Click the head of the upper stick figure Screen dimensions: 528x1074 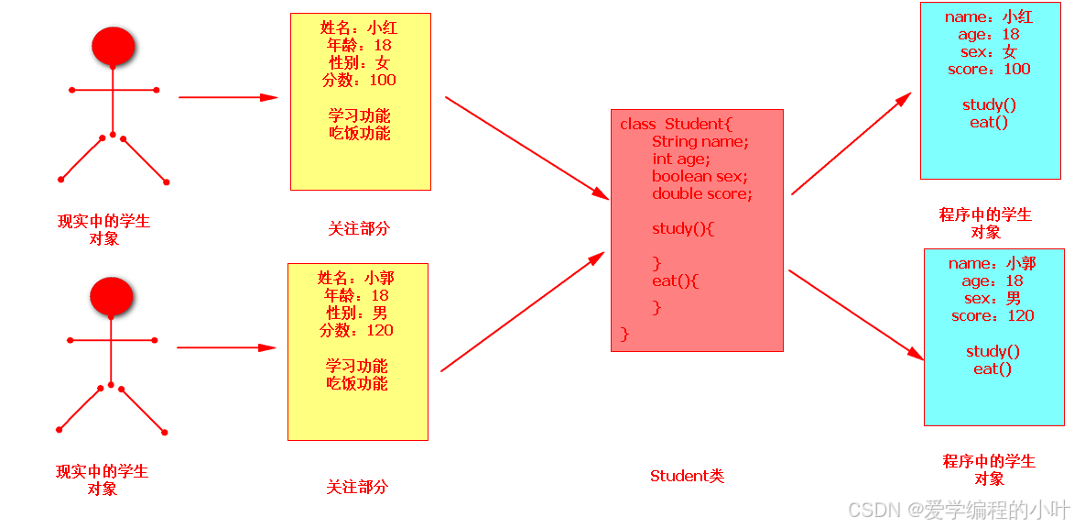(114, 46)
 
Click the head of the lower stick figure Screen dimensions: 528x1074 (112, 297)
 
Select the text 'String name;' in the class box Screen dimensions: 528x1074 (700, 141)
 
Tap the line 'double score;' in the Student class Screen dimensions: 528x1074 (701, 193)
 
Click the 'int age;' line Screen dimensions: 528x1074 (680, 159)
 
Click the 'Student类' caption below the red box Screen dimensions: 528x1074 (687, 476)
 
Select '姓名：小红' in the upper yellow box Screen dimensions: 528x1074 (360, 27)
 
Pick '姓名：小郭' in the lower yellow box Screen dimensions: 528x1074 (357, 278)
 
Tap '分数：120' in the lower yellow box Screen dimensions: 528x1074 (357, 330)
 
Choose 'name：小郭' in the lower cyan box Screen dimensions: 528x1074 (993, 263)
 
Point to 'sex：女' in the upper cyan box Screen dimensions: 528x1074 (989, 51)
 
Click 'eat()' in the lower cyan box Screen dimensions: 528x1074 (993, 368)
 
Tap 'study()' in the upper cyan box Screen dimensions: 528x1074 (989, 104)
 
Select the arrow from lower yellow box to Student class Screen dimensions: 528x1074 (522, 313)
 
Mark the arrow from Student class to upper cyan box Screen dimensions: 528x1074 (852, 143)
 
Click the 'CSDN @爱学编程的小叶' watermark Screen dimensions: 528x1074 (958, 509)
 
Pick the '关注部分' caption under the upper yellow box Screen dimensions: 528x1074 (359, 228)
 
